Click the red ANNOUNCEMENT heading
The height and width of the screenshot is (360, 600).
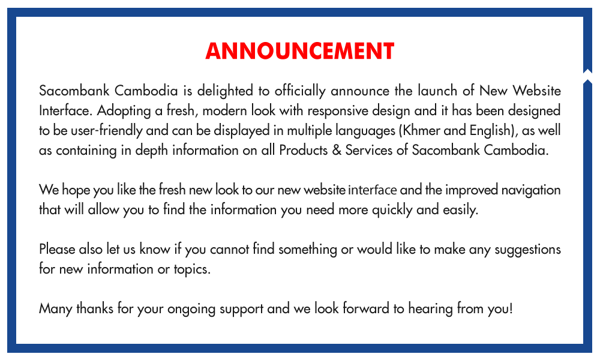300,51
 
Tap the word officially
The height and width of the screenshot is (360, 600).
300,91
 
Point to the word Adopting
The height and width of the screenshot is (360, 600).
124,111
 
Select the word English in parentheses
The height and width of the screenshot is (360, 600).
491,131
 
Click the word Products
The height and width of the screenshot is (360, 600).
303,151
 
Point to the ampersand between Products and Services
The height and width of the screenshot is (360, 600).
337,151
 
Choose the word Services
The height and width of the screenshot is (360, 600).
369,151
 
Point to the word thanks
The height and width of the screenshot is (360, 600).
95,309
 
